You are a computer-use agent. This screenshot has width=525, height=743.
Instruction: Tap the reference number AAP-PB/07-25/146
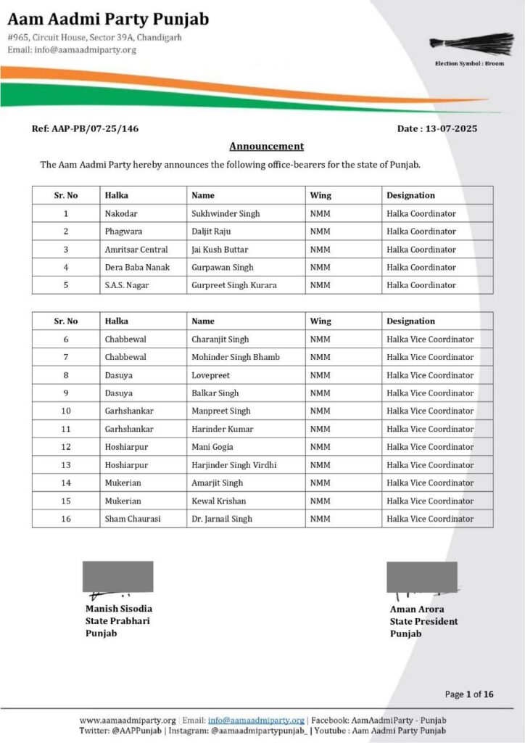tap(85, 128)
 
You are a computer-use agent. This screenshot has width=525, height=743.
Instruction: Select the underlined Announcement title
tap(266, 146)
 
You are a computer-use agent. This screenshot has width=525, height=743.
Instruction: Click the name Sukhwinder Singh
tap(226, 213)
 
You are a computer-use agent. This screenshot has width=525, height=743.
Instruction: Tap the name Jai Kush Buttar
tap(220, 250)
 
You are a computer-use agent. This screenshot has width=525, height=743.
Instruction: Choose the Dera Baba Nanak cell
tap(137, 267)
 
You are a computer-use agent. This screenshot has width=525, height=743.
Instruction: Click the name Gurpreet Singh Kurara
tap(233, 285)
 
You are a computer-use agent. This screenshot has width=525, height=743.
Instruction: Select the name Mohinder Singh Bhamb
tap(236, 357)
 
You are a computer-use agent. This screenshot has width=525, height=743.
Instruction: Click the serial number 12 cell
tap(66, 447)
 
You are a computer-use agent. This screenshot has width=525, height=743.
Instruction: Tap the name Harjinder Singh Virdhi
tap(234, 465)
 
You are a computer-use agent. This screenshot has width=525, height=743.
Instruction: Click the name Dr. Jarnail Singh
tap(222, 519)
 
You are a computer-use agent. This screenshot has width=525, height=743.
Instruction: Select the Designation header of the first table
tap(410, 195)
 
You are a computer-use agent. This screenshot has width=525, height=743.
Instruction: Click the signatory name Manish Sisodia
tap(119, 609)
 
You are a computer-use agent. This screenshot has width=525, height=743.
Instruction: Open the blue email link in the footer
tap(256, 720)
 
